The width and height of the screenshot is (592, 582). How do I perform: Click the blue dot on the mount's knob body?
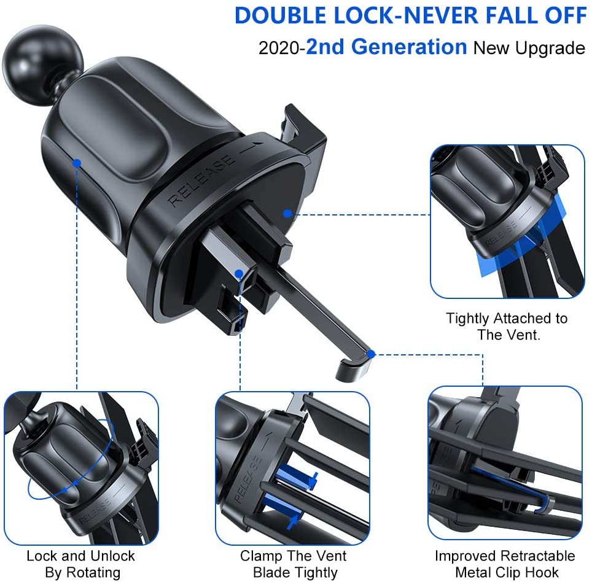77,163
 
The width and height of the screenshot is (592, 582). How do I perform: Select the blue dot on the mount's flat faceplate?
287,214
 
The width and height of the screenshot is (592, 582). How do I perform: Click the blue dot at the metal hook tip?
370,354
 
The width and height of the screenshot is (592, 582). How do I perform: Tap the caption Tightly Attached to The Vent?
507,327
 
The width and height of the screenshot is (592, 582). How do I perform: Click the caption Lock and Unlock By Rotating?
80,564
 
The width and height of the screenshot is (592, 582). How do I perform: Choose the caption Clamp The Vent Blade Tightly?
294,564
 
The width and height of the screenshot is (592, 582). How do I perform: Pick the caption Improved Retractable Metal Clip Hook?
505,564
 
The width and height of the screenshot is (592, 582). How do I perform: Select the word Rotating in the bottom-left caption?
96,573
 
